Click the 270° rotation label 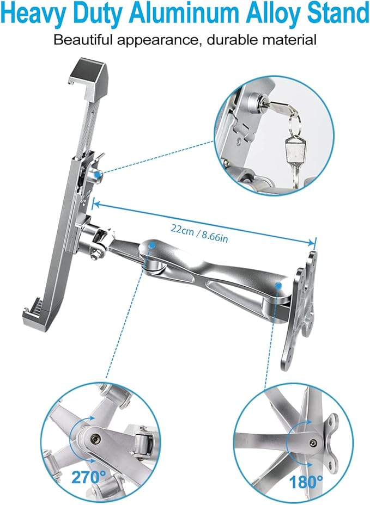pos(89,477)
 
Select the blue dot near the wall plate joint pos(279,285)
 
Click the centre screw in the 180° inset pos(312,442)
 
